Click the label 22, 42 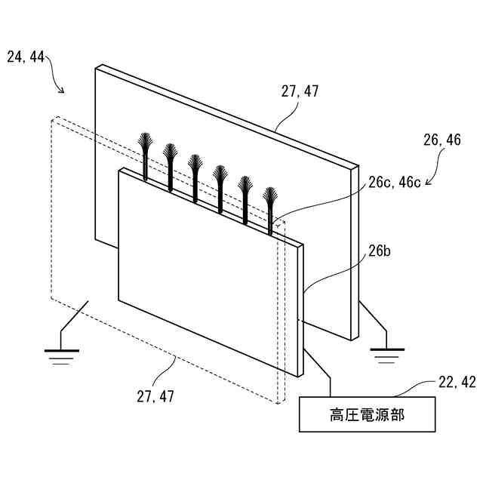click(457, 383)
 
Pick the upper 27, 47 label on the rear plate click(300, 91)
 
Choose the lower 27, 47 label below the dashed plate click(155, 395)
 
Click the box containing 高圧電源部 click(368, 414)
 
